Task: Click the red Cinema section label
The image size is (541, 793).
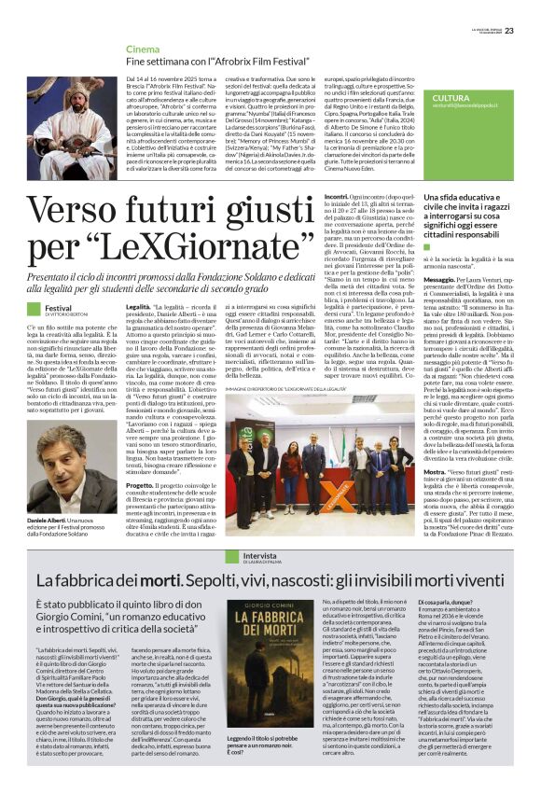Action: click(144, 48)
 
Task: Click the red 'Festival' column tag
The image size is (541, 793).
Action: click(58, 307)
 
